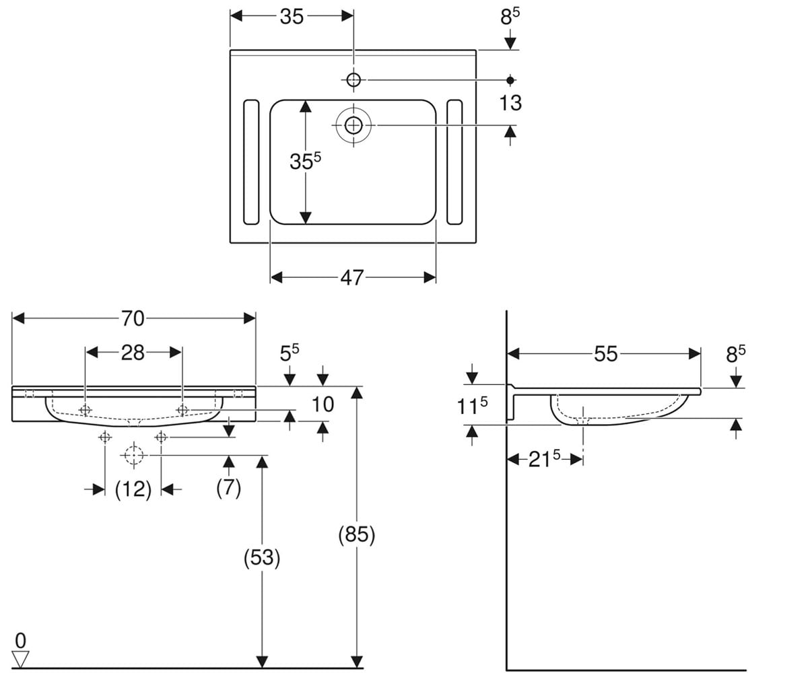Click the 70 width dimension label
[x=133, y=319]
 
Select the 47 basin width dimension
[x=352, y=278]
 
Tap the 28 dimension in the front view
[x=133, y=353]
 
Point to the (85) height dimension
[x=356, y=535]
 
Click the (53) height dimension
[x=262, y=558]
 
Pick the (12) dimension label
[x=133, y=489]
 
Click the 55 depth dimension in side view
[x=605, y=354]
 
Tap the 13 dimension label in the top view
[x=510, y=103]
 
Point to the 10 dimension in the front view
[x=323, y=404]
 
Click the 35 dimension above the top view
[x=292, y=17]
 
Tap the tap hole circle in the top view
[x=353, y=80]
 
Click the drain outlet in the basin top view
[x=353, y=125]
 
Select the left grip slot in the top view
[x=251, y=162]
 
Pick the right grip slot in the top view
[x=454, y=162]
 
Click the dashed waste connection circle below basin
[x=134, y=455]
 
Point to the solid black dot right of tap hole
[x=510, y=80]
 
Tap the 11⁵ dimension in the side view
[x=472, y=406]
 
